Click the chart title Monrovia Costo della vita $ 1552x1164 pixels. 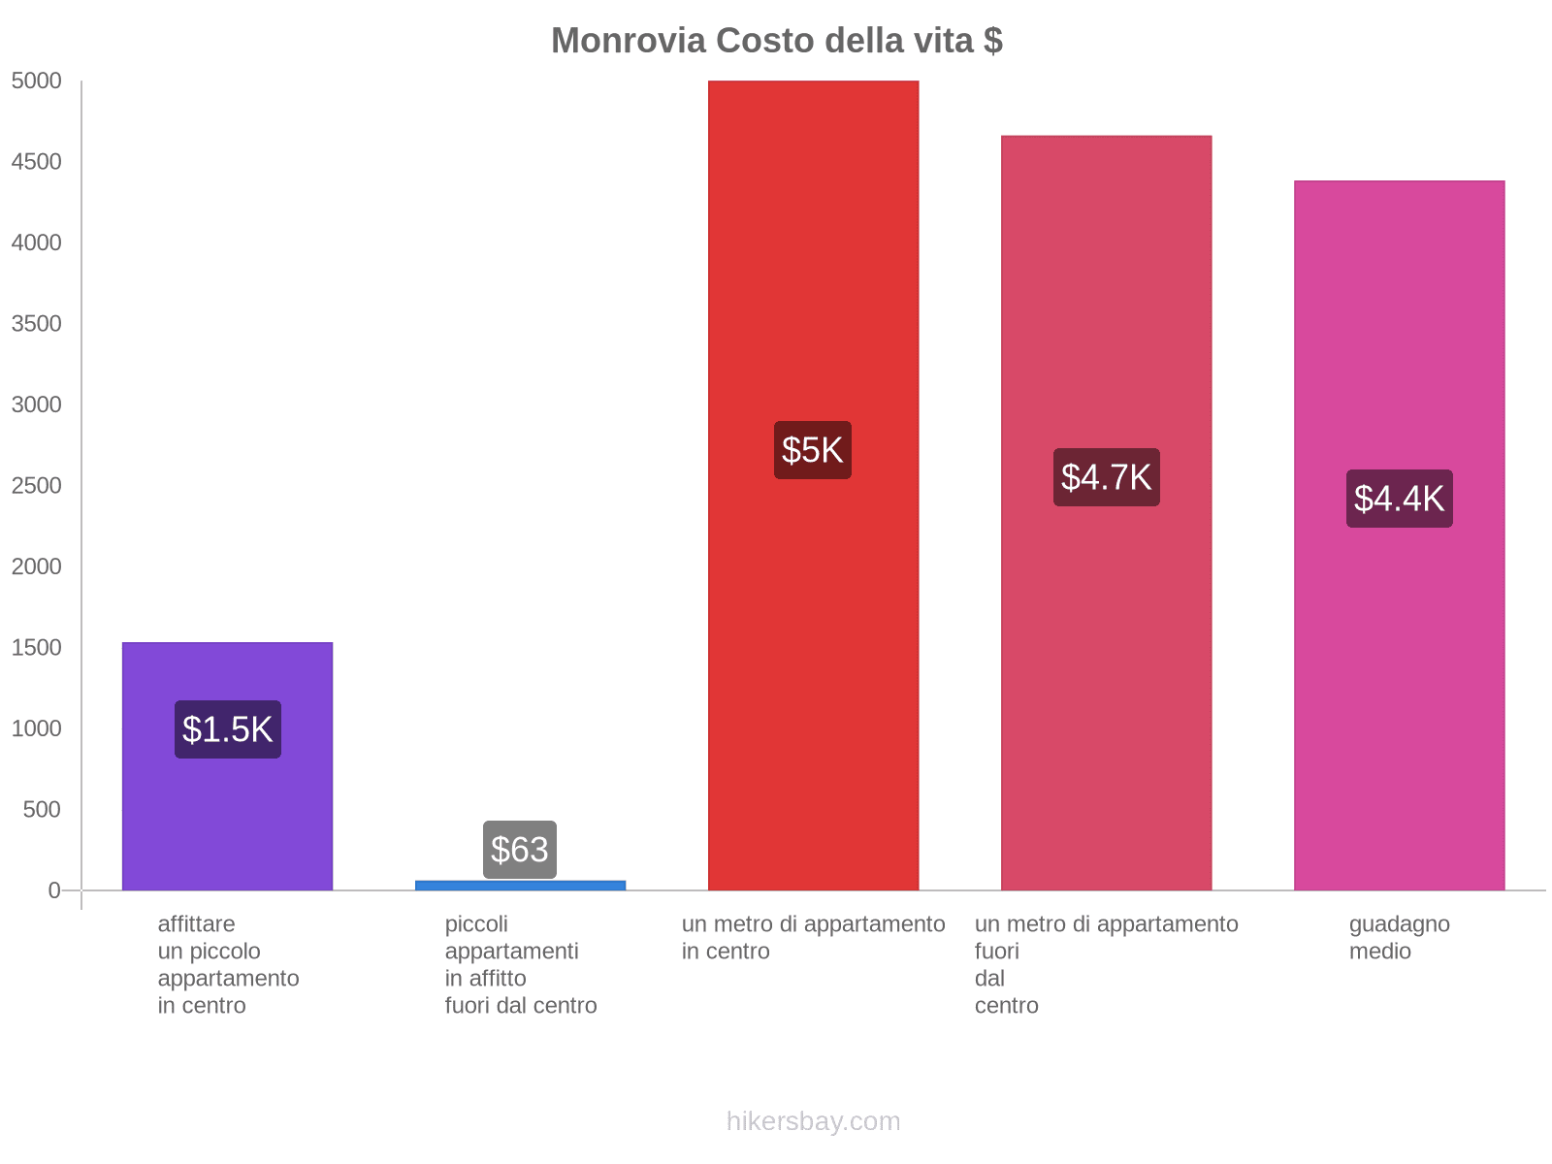(x=776, y=41)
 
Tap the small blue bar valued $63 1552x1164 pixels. (x=520, y=885)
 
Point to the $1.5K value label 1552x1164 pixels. (x=228, y=729)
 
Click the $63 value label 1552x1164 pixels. (x=520, y=850)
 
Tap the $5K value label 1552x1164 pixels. (x=813, y=450)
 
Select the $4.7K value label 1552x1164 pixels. (x=1106, y=477)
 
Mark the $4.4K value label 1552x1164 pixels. (x=1399, y=499)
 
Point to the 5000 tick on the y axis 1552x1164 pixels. (x=37, y=81)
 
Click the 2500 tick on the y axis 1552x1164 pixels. (x=37, y=486)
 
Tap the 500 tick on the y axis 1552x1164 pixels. (x=43, y=810)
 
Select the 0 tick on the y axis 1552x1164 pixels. (x=54, y=890)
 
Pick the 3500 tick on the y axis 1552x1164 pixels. (x=37, y=324)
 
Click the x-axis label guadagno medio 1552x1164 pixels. (x=1399, y=937)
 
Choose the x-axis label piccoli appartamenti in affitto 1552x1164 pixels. (x=520, y=964)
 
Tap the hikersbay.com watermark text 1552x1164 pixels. (x=813, y=1121)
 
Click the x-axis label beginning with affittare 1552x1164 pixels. (x=228, y=964)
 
